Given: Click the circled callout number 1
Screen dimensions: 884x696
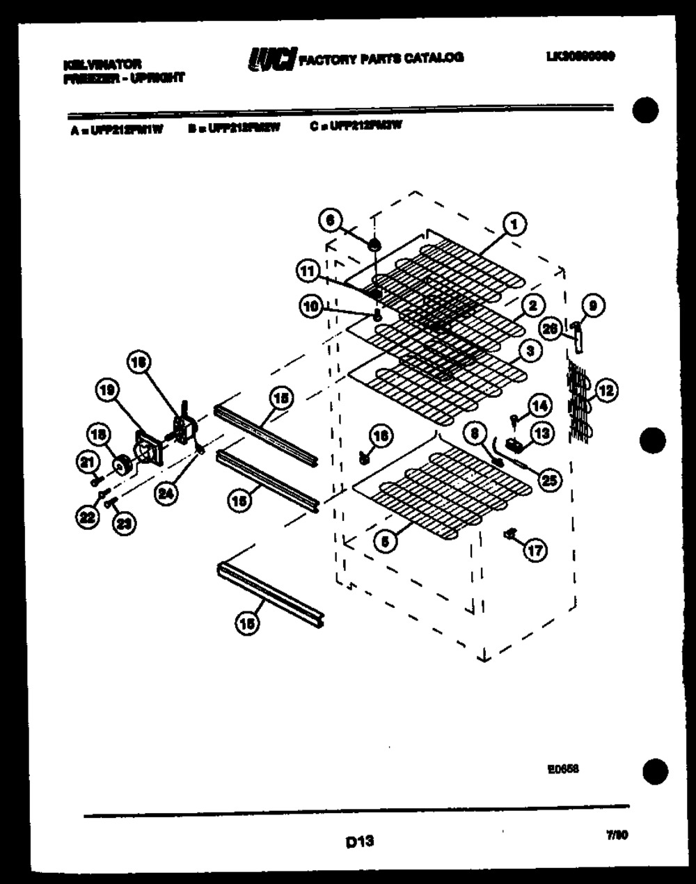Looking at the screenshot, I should (514, 225).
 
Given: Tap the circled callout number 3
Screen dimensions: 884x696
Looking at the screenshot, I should (530, 351).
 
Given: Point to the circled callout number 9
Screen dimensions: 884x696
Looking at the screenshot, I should (592, 305).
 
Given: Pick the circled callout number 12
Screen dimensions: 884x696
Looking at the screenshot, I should (606, 391).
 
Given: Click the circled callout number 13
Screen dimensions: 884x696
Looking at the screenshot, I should (542, 433).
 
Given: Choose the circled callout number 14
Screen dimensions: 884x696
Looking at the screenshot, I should (539, 405).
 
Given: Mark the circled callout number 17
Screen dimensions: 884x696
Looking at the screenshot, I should (535, 552).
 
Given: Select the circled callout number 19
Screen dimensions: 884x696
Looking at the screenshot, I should (106, 392).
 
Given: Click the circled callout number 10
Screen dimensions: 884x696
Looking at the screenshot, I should (311, 305).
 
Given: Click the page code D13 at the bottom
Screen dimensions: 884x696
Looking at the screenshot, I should (359, 842).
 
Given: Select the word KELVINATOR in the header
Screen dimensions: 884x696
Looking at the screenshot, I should (102, 64).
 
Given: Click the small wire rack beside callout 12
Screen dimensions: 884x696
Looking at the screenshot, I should (579, 401).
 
